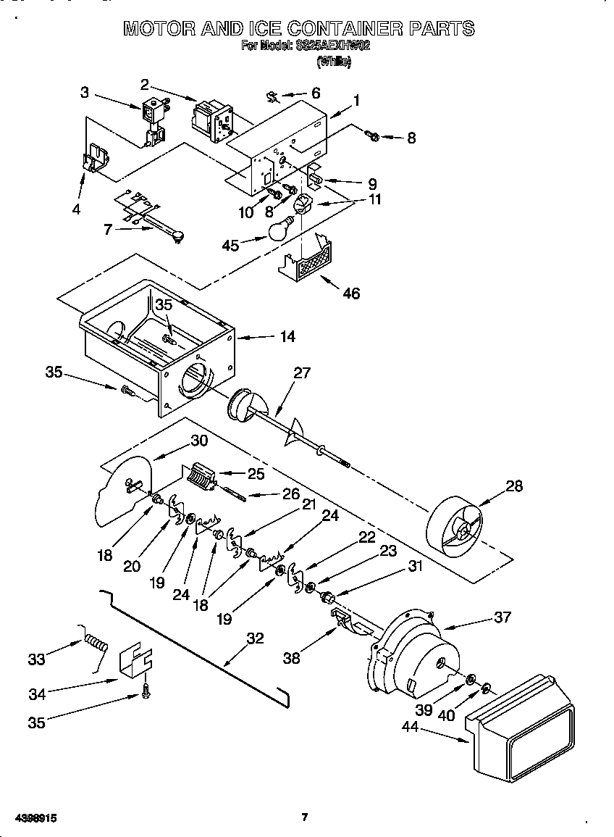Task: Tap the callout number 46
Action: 350,293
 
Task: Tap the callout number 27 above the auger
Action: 301,372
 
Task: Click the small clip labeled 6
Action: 273,97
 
